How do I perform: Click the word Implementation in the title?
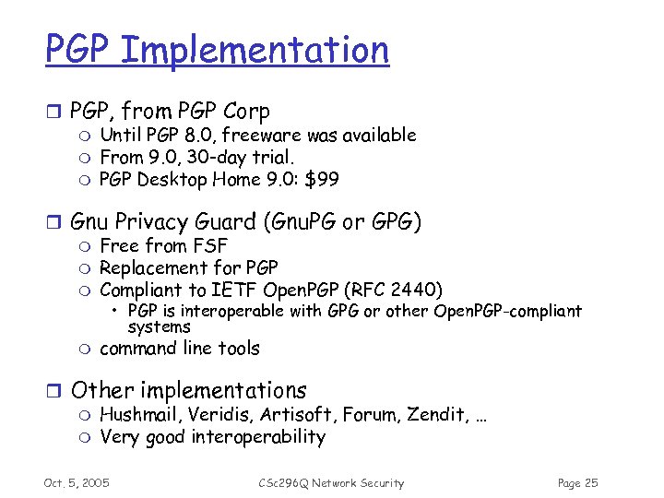[254, 50]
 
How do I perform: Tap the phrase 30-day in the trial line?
[219, 158]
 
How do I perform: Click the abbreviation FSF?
[209, 246]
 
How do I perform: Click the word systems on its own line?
[159, 327]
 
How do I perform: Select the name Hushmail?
[139, 415]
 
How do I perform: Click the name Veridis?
[220, 415]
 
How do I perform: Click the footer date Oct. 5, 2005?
[77, 483]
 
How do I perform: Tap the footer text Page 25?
[578, 483]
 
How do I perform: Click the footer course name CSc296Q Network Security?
[331, 483]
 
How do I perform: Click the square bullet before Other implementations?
[53, 391]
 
